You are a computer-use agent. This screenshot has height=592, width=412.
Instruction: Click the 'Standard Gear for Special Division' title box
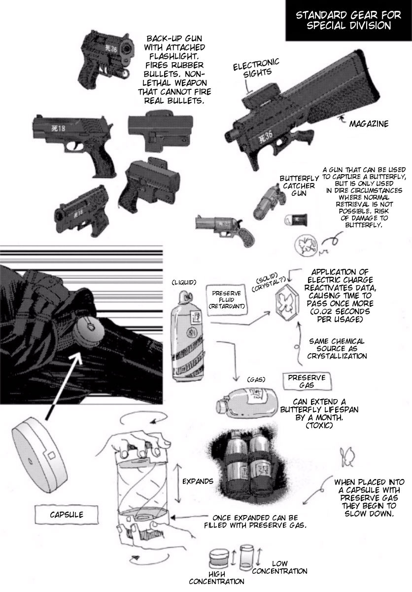(348, 20)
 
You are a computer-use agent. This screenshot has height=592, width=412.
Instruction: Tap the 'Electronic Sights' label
(256, 68)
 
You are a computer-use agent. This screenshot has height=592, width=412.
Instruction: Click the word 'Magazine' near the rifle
(369, 124)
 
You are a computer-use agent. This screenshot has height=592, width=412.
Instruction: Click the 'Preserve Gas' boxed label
(307, 381)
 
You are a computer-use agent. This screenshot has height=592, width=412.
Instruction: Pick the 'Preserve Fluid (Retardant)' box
(227, 300)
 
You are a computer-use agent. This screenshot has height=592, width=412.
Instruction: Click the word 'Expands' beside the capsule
(198, 481)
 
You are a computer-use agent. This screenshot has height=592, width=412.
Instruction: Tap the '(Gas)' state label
(256, 380)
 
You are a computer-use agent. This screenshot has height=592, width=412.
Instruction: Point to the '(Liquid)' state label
(184, 283)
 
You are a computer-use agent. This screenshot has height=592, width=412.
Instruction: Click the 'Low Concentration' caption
(279, 567)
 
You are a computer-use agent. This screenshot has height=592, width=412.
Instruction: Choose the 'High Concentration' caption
(216, 578)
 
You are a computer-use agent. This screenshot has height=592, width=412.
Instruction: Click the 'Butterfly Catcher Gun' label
(299, 186)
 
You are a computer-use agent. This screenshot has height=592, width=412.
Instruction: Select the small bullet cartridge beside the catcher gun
(296, 220)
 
